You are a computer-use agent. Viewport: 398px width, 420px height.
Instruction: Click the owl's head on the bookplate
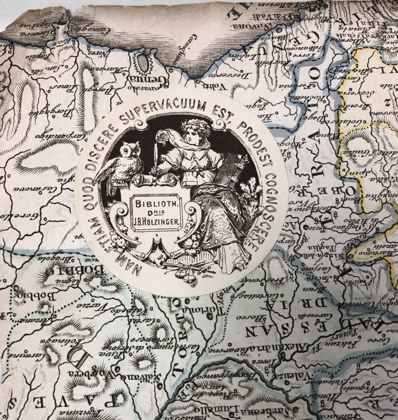tap(130, 150)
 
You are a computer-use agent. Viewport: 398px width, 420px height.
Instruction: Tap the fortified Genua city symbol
tap(142, 62)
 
